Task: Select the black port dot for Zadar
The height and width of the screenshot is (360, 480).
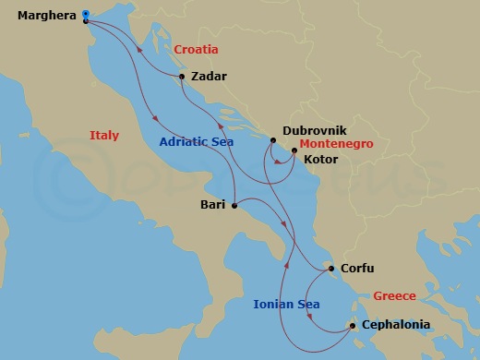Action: click(182, 77)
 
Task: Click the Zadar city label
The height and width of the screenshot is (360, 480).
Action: click(209, 78)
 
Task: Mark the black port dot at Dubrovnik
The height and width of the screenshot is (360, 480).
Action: click(273, 140)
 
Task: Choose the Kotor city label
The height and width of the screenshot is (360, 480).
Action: click(320, 160)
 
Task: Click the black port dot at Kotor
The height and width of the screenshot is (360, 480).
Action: click(294, 150)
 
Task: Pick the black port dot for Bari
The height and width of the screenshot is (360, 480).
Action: click(236, 205)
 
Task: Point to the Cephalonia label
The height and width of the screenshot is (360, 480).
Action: click(397, 325)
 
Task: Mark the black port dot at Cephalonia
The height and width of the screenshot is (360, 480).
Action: click(353, 325)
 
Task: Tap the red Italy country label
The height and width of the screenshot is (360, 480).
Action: click(104, 136)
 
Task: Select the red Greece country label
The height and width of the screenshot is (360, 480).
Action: click(394, 296)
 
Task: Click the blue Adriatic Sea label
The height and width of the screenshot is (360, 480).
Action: click(196, 142)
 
